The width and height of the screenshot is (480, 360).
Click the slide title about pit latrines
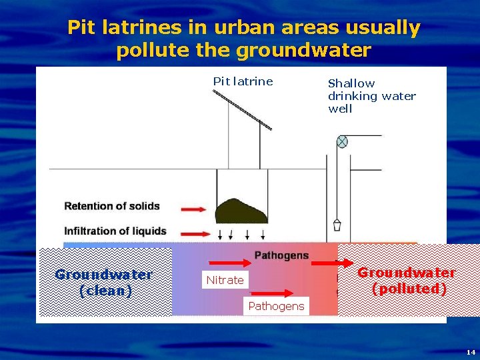243,39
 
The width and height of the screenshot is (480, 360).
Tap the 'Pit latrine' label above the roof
243,81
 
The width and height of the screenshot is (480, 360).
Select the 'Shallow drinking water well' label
371,95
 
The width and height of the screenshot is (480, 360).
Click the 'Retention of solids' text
112,206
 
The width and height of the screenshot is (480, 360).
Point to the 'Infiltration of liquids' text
115,231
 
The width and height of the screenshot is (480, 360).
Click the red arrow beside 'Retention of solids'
194,209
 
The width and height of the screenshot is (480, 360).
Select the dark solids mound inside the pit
241,211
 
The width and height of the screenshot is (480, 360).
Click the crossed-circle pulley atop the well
342,141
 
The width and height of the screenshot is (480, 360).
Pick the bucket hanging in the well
337,225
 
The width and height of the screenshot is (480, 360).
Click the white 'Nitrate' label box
225,280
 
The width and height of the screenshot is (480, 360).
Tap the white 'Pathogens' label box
275,307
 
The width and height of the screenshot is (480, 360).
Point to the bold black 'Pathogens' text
281,255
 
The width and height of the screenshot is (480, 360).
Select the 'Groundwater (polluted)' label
407,281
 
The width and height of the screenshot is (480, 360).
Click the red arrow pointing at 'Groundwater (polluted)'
332,263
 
